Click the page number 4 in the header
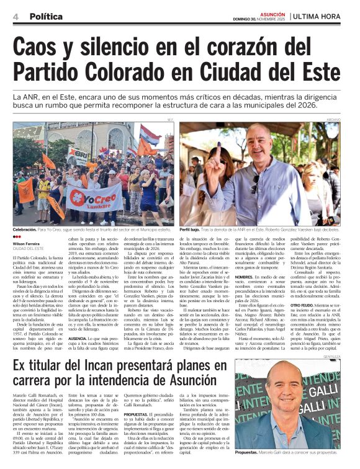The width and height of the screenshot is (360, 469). click(x=15, y=16)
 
